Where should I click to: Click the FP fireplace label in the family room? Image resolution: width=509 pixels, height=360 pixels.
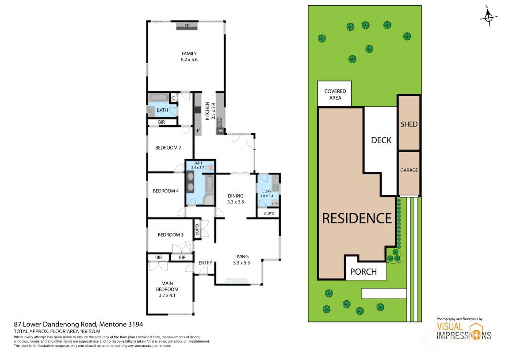[187, 26]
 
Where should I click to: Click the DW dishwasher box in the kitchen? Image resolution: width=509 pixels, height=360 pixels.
[220, 131]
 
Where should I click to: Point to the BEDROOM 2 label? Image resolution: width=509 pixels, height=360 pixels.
[168, 148]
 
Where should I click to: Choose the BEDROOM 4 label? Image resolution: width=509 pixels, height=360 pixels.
[165, 191]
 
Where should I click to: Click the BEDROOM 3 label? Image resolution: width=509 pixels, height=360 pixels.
[170, 235]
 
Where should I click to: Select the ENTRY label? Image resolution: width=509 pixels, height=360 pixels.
[205, 263]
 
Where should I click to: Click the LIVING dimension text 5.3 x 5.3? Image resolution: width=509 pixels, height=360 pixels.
[241, 263]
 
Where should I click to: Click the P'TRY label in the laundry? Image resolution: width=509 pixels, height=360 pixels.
[276, 203]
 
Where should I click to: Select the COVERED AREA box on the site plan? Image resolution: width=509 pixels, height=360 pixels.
[335, 94]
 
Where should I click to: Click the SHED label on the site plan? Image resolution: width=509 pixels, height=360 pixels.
[409, 124]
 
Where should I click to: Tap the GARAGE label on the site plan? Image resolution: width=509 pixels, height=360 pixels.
[409, 170]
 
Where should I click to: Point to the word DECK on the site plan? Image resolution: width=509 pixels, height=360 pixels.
[381, 140]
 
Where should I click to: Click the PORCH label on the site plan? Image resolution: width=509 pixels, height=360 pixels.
[364, 272]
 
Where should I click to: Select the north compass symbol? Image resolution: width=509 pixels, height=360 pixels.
[489, 17]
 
